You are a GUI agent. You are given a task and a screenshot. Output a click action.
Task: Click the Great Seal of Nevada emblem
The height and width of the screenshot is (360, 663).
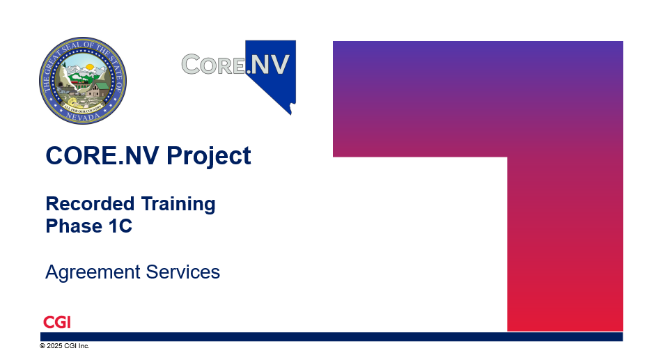point(83,80)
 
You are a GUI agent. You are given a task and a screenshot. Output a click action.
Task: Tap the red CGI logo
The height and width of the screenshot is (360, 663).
point(57,322)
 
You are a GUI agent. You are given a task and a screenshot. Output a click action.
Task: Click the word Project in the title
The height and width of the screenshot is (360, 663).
point(208,157)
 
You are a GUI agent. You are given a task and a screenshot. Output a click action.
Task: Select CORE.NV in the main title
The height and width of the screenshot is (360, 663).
point(102,155)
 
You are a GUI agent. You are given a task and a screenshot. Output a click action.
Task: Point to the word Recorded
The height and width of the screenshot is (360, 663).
point(90,203)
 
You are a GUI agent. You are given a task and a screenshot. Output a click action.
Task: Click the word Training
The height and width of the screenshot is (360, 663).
point(178,205)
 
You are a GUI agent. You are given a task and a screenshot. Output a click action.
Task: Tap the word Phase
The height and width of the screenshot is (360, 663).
point(74,226)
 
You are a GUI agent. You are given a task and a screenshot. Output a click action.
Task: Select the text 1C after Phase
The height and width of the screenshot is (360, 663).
point(120,226)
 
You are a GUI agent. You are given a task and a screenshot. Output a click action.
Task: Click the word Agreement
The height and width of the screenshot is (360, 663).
point(93,272)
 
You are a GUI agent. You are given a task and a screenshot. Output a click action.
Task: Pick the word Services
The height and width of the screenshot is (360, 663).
point(183,272)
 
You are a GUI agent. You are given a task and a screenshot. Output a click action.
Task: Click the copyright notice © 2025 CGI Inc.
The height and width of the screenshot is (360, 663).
point(65,345)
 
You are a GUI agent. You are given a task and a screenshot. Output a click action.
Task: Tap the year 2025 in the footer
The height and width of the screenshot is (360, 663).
point(54,345)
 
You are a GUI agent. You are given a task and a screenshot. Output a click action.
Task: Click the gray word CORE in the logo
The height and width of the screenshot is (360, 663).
point(213,65)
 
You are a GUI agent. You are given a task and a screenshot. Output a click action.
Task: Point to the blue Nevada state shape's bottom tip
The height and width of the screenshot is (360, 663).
point(291,114)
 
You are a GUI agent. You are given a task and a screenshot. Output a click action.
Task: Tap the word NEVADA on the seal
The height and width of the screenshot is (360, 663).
point(83,117)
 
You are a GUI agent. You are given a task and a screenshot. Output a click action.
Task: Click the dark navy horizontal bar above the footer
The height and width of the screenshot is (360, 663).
point(331,337)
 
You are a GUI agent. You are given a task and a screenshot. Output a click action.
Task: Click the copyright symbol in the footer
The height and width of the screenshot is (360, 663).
point(42,345)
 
